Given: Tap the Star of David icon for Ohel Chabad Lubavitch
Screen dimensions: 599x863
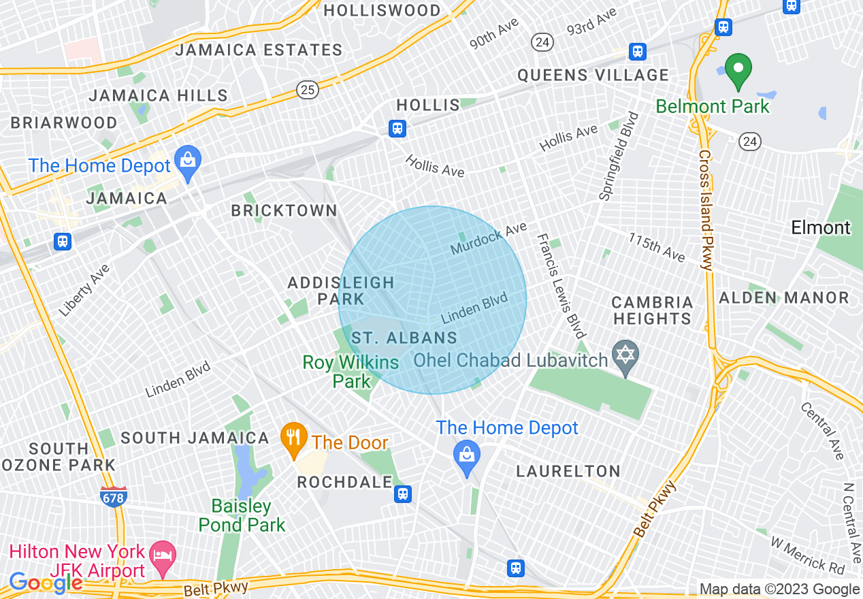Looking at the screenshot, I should (x=625, y=357).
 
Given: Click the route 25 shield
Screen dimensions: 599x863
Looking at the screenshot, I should (x=308, y=88).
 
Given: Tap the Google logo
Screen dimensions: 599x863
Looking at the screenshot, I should (x=46, y=582).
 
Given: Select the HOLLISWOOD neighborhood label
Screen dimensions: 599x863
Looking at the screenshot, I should (x=382, y=11).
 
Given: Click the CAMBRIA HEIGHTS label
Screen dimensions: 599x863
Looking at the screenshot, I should (x=652, y=310).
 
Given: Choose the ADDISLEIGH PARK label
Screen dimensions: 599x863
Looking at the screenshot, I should (x=341, y=291).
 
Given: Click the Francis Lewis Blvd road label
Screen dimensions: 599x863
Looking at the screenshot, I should (x=561, y=286).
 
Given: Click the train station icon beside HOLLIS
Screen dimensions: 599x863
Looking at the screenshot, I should (x=397, y=128).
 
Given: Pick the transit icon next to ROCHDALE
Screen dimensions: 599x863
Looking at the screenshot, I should (x=404, y=494).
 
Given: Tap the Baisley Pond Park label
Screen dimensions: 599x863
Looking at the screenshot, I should (x=242, y=515).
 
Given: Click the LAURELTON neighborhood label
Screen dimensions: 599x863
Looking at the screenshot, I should (x=568, y=471).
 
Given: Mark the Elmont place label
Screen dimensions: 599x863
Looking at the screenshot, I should (x=821, y=227).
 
